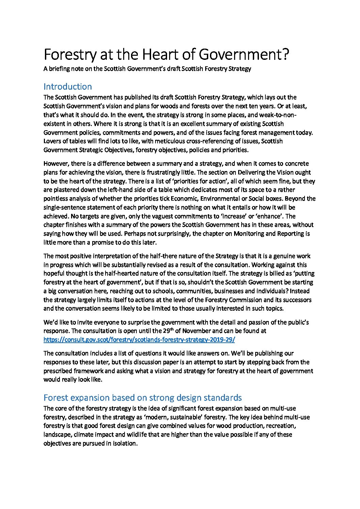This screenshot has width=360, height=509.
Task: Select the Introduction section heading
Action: point(68,86)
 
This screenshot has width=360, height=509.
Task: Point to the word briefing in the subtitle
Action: point(60,69)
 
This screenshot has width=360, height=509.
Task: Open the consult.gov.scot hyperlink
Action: point(139,340)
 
